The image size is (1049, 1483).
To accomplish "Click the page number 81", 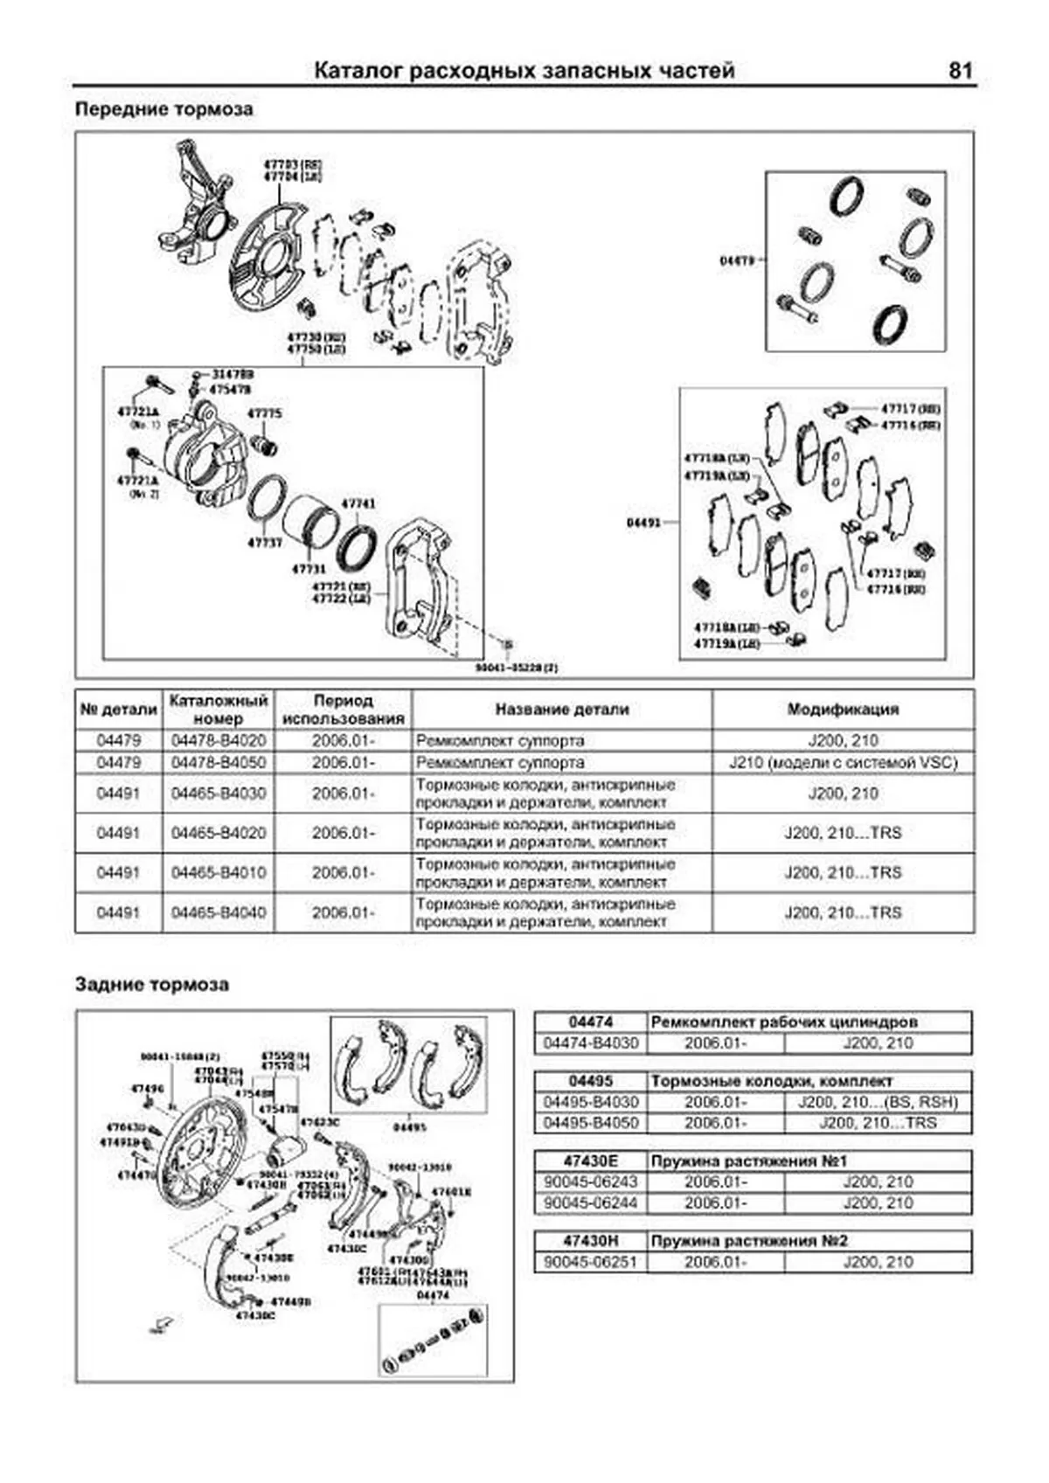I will (960, 72).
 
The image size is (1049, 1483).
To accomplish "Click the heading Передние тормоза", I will (163, 110).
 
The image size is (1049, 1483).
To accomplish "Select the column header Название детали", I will (561, 710).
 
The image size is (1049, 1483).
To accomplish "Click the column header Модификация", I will (843, 710).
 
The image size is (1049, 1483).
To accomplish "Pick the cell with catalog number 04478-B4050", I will (219, 763).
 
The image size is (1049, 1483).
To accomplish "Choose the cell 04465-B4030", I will (219, 793).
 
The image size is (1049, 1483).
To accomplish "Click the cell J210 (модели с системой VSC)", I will (843, 763).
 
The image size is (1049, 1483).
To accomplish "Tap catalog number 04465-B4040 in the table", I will (219, 912).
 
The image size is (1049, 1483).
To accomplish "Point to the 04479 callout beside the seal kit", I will (737, 260).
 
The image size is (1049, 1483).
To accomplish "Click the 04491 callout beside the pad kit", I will (644, 523).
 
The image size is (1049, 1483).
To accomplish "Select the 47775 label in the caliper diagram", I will (264, 413).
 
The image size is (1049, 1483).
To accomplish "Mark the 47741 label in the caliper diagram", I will (358, 504).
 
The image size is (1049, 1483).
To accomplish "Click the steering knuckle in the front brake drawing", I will (198, 210).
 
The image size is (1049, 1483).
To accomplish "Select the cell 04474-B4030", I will (591, 1043).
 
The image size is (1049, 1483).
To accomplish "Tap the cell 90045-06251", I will (591, 1262).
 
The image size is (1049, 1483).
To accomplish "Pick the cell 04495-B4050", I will (591, 1123).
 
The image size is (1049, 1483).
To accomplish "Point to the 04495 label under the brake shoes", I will (409, 1127).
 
